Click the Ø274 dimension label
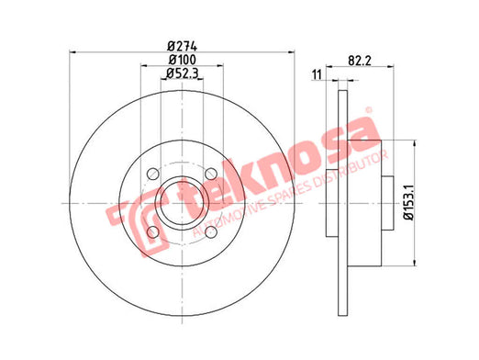183,47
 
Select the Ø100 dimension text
183,60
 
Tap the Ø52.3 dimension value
183,73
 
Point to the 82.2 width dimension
360,61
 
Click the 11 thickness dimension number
317,74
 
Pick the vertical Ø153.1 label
408,202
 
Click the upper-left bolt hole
153,174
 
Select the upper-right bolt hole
211,174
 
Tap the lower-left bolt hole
153,232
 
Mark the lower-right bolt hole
211,232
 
